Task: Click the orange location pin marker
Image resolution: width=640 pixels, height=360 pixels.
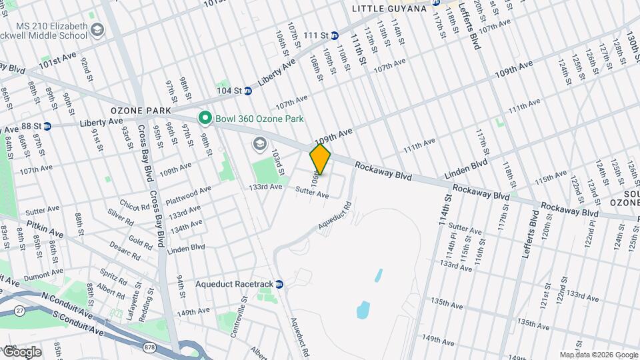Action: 320,159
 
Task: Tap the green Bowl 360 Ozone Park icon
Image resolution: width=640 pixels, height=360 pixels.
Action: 205,119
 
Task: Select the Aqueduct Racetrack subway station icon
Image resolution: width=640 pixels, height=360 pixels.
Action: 279,284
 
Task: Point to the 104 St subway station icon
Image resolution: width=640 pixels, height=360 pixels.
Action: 247,91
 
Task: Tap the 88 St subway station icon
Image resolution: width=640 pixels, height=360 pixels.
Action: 47,125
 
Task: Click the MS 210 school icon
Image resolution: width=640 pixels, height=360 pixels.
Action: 98,30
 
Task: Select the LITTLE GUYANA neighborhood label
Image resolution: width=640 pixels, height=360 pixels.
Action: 389,9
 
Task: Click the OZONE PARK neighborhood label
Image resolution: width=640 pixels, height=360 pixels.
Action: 141,110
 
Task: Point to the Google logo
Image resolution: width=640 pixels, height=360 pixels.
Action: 21,352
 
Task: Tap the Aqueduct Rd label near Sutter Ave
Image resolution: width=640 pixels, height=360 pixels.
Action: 333,217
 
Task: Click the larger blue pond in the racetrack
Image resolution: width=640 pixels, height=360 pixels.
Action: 363,309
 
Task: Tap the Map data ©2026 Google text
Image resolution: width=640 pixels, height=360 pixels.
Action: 599,355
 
